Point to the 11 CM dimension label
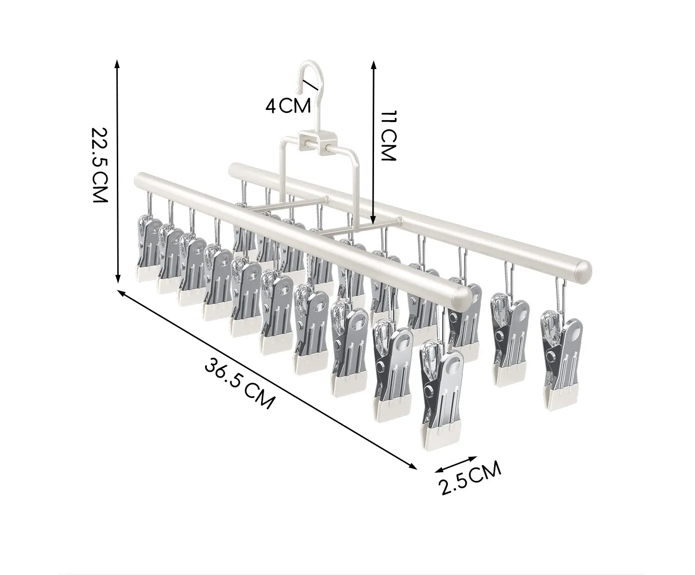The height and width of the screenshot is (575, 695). tap(388, 136)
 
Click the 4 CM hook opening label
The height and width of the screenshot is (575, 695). tap(288, 106)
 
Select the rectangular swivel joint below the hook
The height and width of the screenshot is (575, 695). tap(318, 142)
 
